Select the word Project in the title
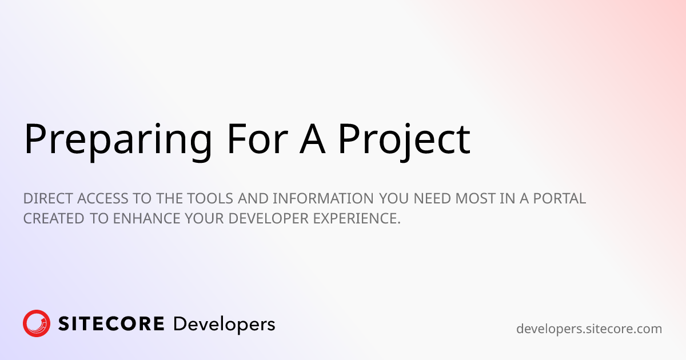pyautogui.click(x=403, y=139)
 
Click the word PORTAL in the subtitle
pyautogui.click(x=558, y=199)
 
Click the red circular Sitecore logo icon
pyautogui.click(x=37, y=324)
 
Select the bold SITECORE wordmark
pyautogui.click(x=111, y=325)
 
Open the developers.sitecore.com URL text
pyautogui.click(x=589, y=329)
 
